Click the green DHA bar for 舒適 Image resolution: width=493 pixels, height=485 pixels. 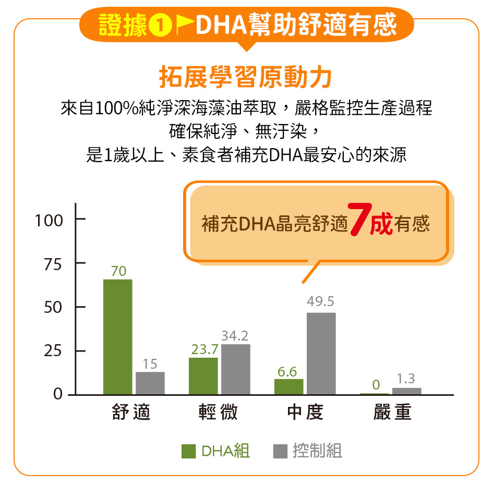(x=117, y=337)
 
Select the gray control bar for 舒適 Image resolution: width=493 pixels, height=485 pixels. (x=150, y=383)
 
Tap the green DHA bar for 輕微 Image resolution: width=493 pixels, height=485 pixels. (x=203, y=376)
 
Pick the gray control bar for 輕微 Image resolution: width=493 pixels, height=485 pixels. (x=236, y=369)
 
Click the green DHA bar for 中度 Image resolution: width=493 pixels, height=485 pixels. (x=288, y=386)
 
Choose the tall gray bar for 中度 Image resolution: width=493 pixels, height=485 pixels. (x=321, y=354)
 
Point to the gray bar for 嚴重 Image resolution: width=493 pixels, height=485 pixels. (x=406, y=391)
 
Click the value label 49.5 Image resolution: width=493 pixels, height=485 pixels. (x=321, y=302)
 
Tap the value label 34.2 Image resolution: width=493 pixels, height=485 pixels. (x=235, y=335)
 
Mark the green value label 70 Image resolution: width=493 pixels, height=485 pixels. (x=118, y=271)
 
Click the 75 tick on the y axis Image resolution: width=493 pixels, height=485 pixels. (x=53, y=264)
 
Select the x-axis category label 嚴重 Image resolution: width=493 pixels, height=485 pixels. (x=392, y=413)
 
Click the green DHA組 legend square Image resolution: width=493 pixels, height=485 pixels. (x=188, y=451)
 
